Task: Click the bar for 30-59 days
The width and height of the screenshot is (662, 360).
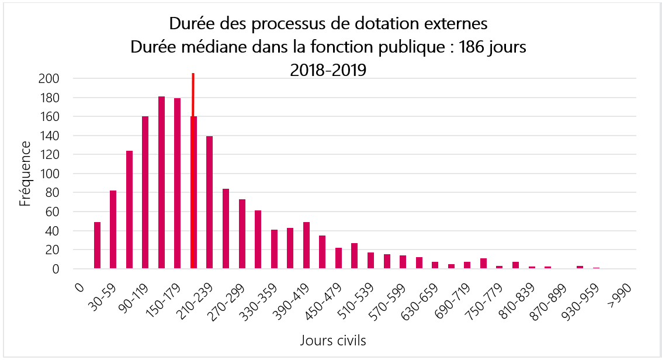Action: pyautogui.click(x=113, y=230)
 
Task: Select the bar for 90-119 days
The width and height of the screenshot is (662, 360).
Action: pyautogui.click(x=145, y=192)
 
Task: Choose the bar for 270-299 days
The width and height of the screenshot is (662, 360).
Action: pyautogui.click(x=242, y=234)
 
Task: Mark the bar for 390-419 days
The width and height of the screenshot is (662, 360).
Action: pyautogui.click(x=306, y=245)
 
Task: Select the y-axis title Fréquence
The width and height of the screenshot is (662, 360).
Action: pyautogui.click(x=26, y=174)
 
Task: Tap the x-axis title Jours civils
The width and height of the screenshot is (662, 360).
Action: pyautogui.click(x=334, y=340)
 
